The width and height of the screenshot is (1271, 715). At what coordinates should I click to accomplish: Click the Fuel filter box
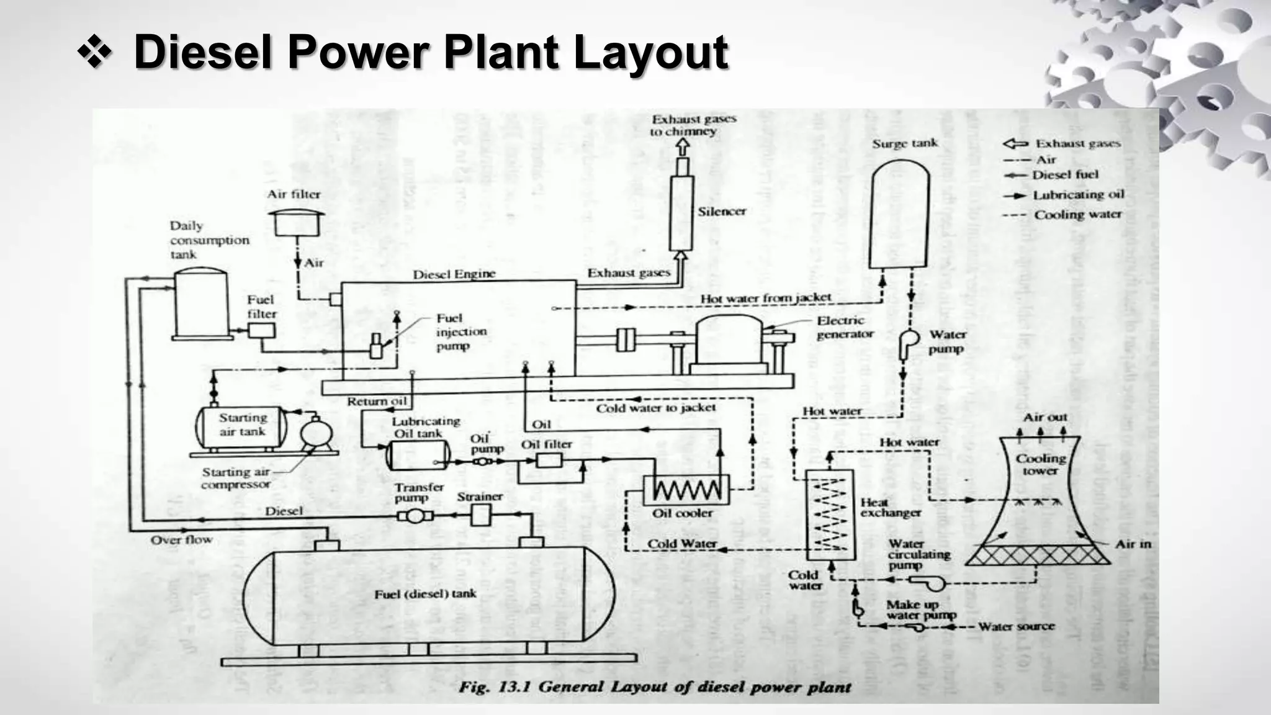(x=261, y=331)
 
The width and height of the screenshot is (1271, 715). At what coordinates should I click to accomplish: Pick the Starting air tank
(x=241, y=426)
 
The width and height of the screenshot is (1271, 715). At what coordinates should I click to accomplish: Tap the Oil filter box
(x=549, y=461)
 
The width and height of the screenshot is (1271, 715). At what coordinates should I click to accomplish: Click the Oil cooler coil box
(x=686, y=490)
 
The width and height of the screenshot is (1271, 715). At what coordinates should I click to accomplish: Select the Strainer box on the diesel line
(x=481, y=515)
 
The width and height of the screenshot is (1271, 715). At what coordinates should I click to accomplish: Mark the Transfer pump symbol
(x=415, y=516)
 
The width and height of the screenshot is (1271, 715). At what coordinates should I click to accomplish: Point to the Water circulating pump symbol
(x=928, y=582)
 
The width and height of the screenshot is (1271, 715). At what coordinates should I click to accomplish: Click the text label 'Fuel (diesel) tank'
(x=425, y=595)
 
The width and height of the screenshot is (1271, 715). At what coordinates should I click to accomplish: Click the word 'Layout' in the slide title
(x=650, y=52)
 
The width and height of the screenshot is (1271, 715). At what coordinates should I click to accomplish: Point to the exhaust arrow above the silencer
(x=683, y=147)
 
